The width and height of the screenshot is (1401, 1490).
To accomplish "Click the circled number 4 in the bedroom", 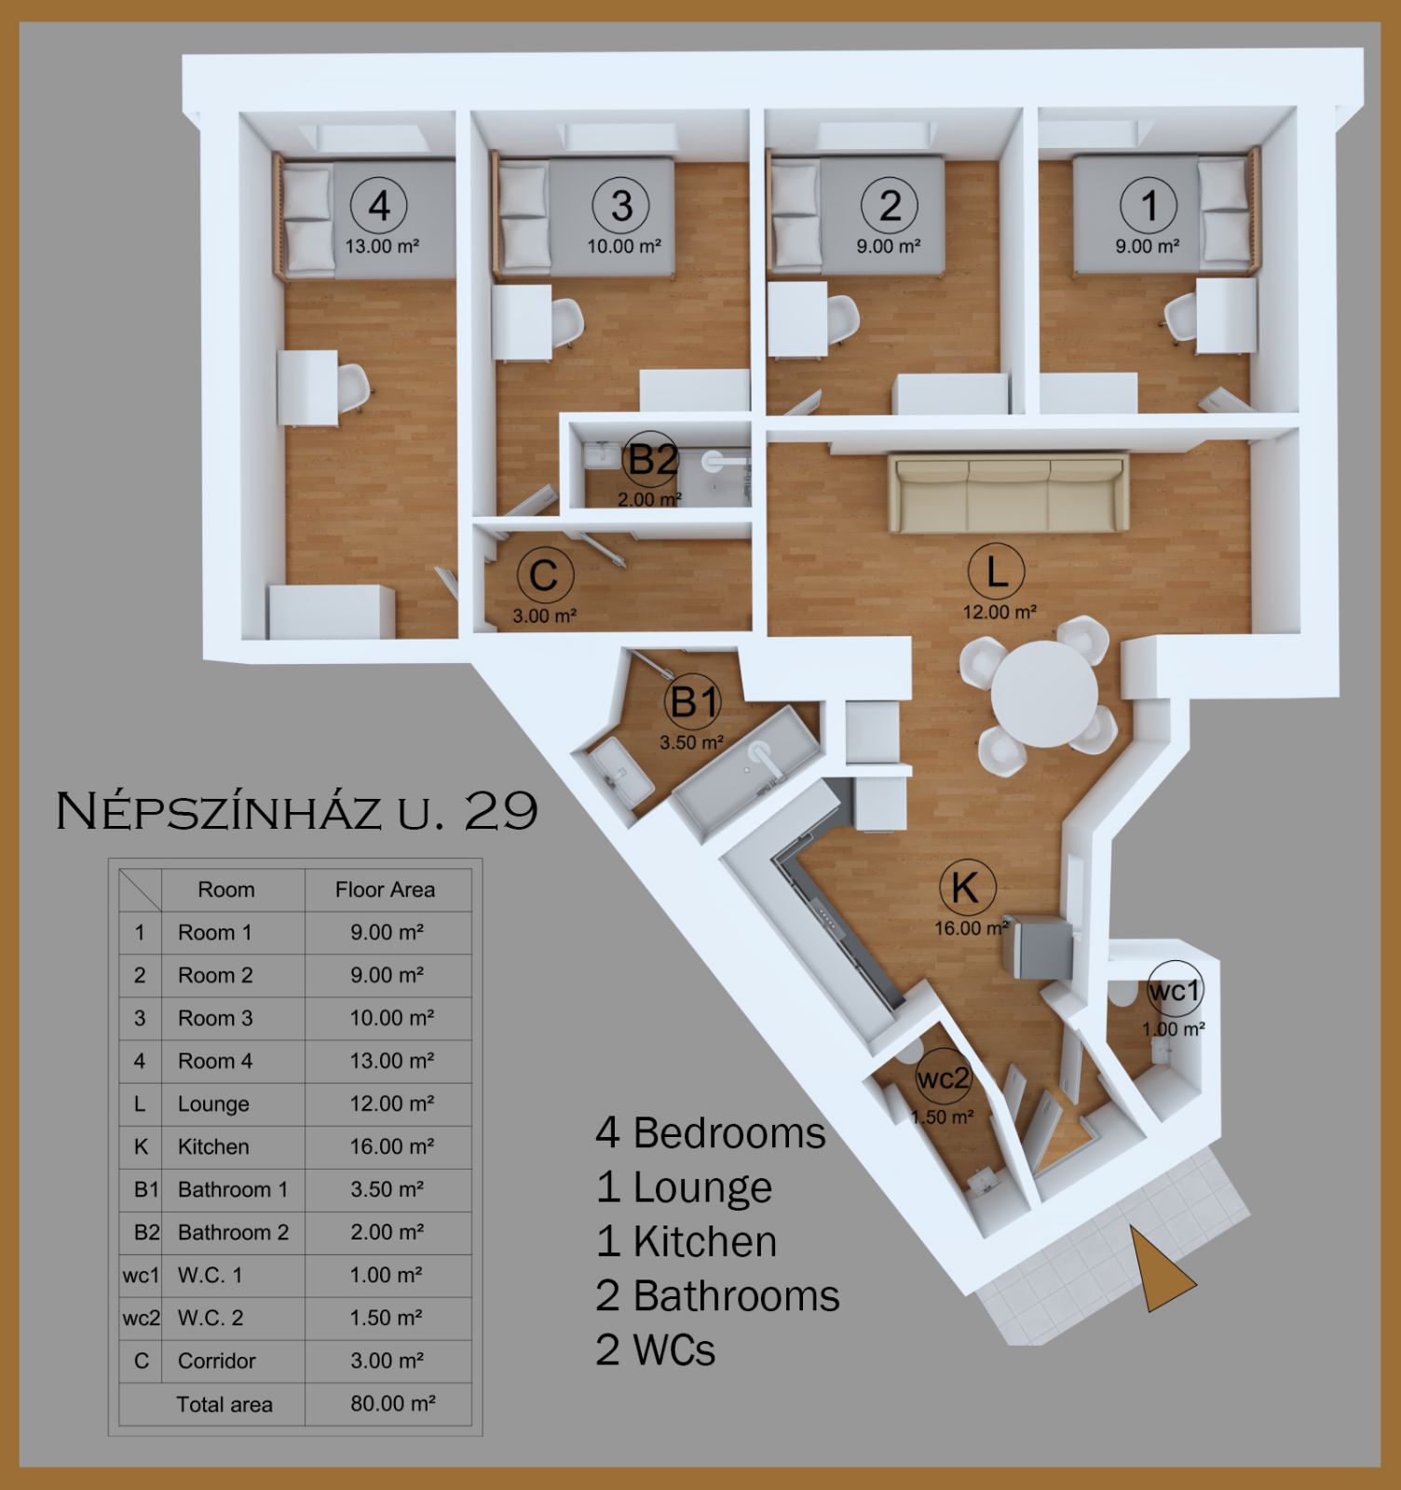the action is (x=379, y=205).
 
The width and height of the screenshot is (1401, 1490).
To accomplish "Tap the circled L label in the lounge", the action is (x=996, y=571).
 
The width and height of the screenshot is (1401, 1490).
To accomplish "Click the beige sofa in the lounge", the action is (x=1008, y=493).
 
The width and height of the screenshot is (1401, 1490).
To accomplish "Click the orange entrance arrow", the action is (x=1160, y=1270).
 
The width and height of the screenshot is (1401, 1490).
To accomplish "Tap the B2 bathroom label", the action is (x=651, y=460).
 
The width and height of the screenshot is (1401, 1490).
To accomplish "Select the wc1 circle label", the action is (x=1174, y=990).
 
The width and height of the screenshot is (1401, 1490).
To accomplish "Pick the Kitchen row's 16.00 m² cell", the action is (x=391, y=1146).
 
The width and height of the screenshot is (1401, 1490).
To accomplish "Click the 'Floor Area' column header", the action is (x=385, y=889).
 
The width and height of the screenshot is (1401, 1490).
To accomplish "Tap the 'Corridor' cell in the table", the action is (x=216, y=1361).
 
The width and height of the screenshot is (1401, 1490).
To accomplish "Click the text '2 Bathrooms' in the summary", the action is (x=717, y=1295).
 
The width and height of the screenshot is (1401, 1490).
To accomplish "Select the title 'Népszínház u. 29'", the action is (x=297, y=810).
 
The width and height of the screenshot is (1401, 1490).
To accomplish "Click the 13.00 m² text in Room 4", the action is (x=382, y=247).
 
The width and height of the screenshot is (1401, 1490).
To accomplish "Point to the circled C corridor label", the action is (x=544, y=575).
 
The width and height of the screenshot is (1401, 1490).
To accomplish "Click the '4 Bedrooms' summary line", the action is (x=711, y=1133).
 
